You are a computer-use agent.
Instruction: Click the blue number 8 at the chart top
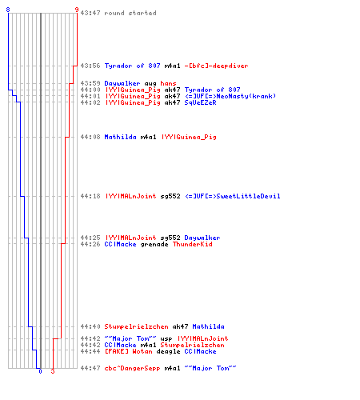tap(8, 10)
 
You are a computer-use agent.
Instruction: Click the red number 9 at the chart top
tap(77, 10)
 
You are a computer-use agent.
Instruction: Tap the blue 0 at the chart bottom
tap(40, 371)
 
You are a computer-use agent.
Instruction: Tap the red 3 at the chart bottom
tap(53, 371)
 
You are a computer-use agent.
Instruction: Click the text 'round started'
tap(130, 13)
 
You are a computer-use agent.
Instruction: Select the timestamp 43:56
tap(90, 66)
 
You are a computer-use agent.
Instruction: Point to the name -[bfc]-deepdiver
tap(216, 66)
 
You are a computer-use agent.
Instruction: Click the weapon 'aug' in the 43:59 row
tap(150, 84)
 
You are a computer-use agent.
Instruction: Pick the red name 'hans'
tap(168, 83)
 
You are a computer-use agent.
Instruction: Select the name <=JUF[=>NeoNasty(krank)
tap(230, 96)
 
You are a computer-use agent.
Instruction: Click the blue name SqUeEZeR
tap(200, 102)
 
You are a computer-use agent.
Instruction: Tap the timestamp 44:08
tap(90, 137)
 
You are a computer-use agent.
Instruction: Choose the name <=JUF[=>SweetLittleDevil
tap(232, 196)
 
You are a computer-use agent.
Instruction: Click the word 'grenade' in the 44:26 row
tap(154, 245)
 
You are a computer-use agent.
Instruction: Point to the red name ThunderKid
tap(193, 244)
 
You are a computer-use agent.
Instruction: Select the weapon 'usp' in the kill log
tap(166, 339)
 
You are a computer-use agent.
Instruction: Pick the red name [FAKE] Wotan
tap(128, 351)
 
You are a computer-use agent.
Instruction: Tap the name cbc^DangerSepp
tap(132, 368)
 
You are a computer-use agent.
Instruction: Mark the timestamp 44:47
tap(90, 368)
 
